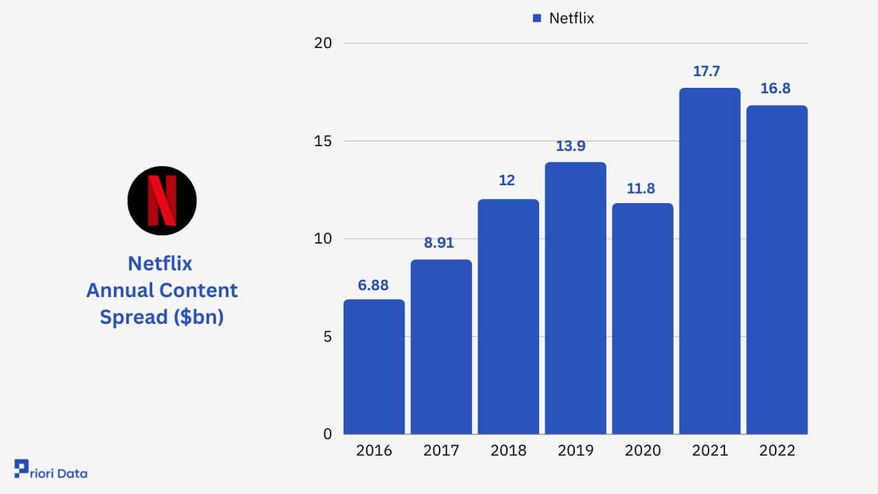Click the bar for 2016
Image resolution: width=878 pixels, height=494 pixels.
[x=374, y=366]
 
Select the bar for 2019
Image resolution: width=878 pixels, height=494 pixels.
[x=576, y=298]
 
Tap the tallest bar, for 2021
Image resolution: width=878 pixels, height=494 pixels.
[x=710, y=261]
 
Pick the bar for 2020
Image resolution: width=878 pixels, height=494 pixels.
[x=643, y=318]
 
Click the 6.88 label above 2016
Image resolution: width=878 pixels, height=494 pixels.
[x=374, y=285]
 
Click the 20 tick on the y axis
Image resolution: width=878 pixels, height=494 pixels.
[x=323, y=43]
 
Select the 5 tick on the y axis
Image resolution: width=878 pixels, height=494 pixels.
[x=328, y=337]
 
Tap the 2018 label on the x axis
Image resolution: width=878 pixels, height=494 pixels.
[x=508, y=451]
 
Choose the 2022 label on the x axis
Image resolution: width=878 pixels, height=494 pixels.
[x=777, y=451]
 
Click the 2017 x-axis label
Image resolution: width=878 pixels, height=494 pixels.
[x=441, y=451]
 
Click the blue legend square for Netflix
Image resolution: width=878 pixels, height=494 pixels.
[x=537, y=19]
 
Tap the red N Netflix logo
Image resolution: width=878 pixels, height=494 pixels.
[x=162, y=200]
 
